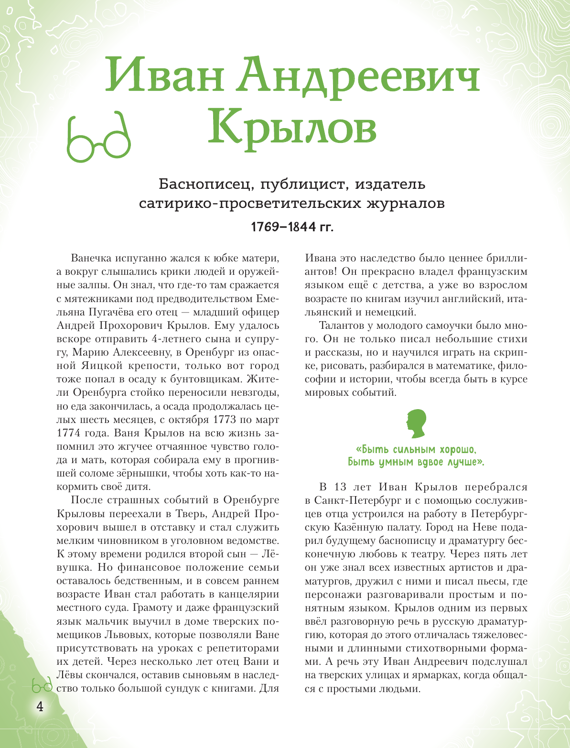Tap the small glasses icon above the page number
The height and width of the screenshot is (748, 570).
tap(42, 687)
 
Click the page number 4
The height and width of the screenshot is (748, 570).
tap(40, 706)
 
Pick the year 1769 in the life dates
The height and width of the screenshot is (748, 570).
tap(266, 227)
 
